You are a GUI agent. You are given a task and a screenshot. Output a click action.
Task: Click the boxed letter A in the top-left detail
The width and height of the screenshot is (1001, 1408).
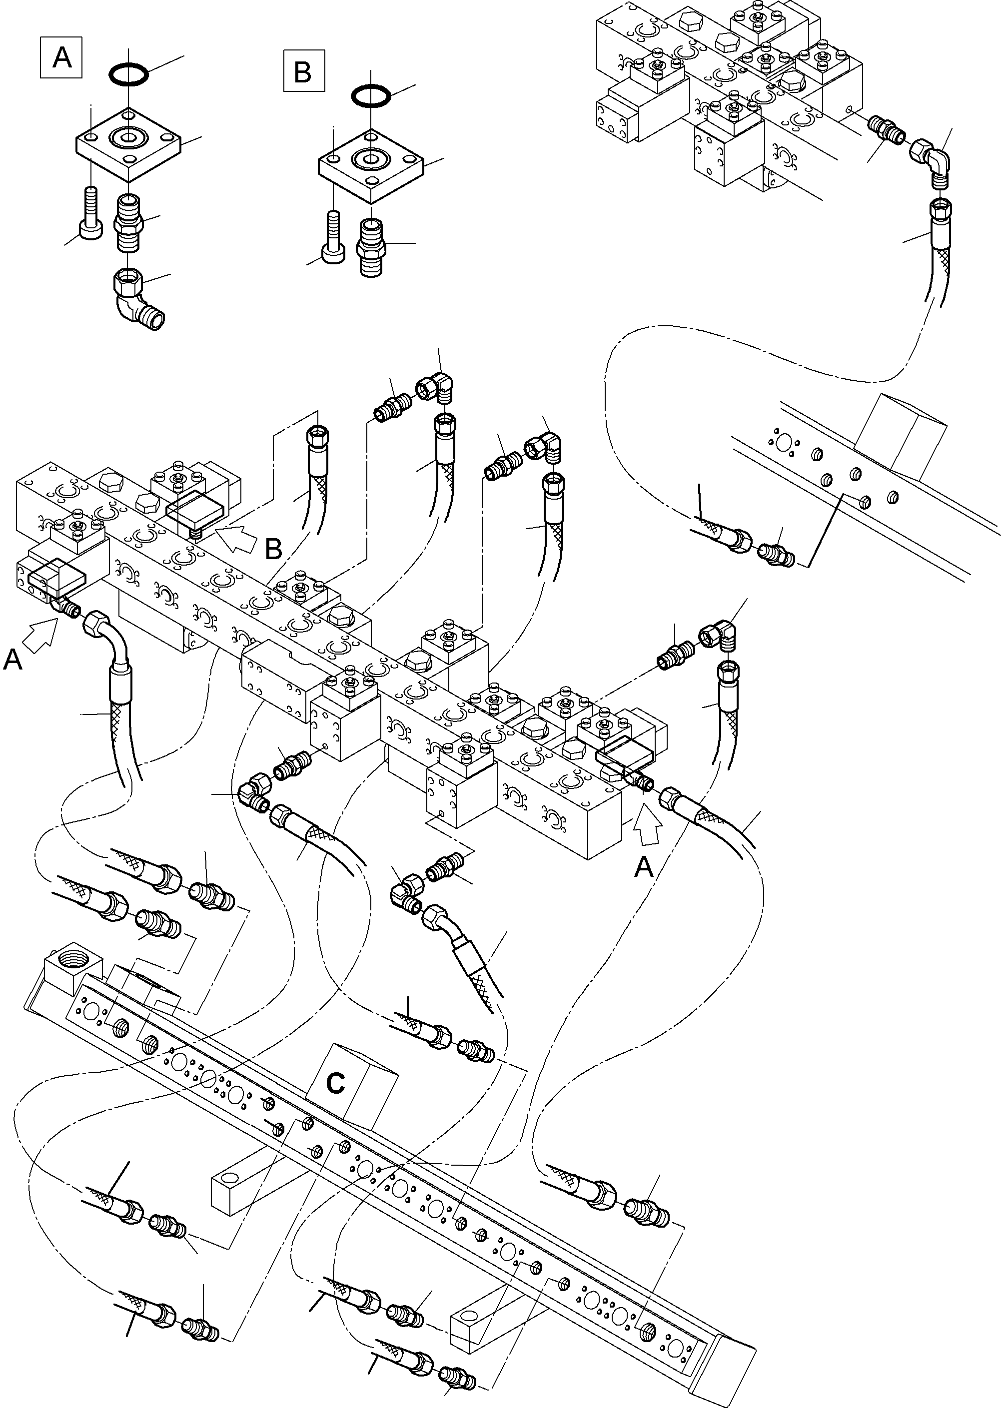pyautogui.click(x=61, y=58)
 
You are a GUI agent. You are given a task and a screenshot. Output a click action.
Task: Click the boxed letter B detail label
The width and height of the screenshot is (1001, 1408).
pyautogui.click(x=303, y=72)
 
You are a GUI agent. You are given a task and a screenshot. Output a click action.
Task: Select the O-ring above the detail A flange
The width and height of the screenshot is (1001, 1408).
pyautogui.click(x=128, y=74)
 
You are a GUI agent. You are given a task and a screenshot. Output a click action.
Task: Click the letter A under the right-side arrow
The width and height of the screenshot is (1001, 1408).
pyautogui.click(x=644, y=868)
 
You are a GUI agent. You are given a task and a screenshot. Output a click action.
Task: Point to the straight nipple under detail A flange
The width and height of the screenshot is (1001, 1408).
pyautogui.click(x=128, y=222)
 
